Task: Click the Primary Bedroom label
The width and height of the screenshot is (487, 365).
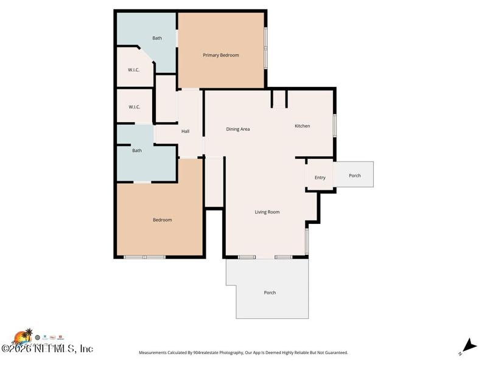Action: click(x=220, y=55)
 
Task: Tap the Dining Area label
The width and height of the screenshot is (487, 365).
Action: click(x=238, y=129)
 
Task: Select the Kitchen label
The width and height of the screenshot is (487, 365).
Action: click(x=303, y=126)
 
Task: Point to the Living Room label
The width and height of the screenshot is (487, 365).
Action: click(x=267, y=212)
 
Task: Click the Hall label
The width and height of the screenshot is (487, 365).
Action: click(x=186, y=131)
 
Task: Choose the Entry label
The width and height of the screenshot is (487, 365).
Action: click(x=320, y=178)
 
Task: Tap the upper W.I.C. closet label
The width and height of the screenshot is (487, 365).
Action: click(x=134, y=70)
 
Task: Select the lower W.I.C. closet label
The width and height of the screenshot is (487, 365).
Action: click(x=135, y=107)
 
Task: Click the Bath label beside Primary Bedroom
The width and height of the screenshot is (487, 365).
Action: click(x=157, y=38)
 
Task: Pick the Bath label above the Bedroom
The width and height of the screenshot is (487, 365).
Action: click(x=137, y=150)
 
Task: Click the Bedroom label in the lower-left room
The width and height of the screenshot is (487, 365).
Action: click(x=162, y=220)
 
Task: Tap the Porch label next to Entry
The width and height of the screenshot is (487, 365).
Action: click(x=355, y=175)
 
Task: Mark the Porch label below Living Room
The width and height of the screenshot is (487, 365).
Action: click(x=270, y=293)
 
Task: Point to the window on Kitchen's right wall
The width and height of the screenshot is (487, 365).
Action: click(x=334, y=125)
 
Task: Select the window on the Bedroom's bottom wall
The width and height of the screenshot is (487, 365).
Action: click(x=144, y=257)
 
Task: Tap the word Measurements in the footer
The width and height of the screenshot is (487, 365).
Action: click(x=156, y=353)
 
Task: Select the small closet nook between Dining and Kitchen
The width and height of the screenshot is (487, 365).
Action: click(x=279, y=99)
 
